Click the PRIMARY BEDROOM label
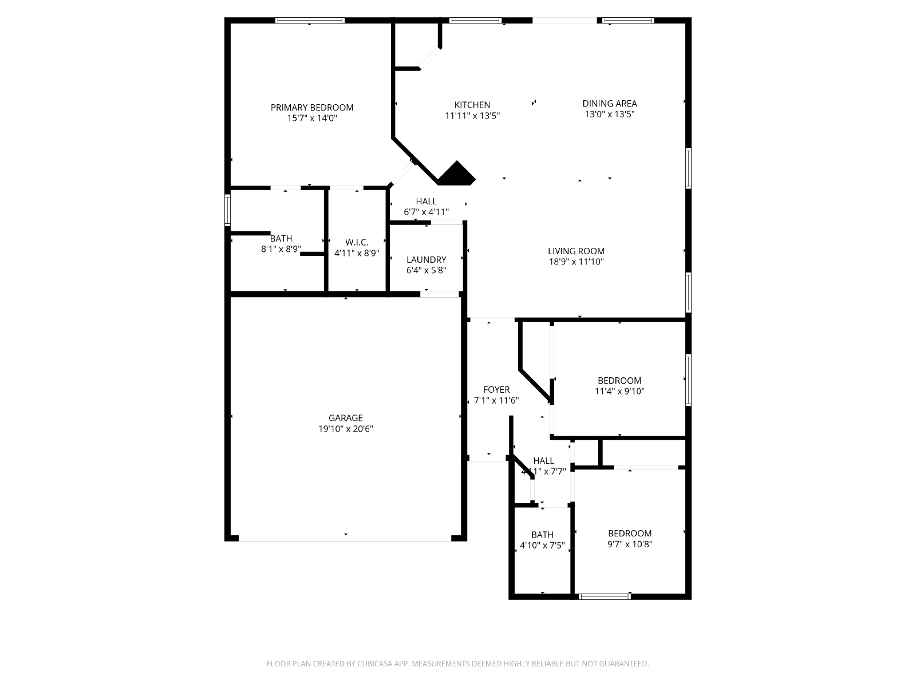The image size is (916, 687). [312, 108]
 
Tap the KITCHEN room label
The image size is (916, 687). [472, 105]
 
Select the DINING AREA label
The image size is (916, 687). [609, 104]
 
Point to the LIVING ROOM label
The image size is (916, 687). [576, 251]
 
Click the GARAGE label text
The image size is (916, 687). [346, 418]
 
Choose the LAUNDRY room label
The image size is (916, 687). [426, 260]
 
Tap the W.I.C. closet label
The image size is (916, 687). [357, 242]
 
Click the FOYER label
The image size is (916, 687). [496, 390]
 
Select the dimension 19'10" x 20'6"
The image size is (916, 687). [346, 429]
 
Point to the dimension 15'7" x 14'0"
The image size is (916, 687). [312, 118]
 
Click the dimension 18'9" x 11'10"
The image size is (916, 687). [576, 262]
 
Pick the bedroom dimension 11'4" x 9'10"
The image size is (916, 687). [619, 391]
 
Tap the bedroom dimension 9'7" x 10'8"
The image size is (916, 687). [629, 544]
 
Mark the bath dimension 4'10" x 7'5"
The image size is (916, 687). [542, 545]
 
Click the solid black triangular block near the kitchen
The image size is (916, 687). [456, 175]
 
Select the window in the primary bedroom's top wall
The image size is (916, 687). [310, 20]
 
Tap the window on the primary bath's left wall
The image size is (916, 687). [227, 210]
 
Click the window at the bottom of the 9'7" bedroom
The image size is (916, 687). [605, 597]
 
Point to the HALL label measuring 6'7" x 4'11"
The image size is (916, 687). [426, 202]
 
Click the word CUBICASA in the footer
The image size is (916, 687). [375, 664]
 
